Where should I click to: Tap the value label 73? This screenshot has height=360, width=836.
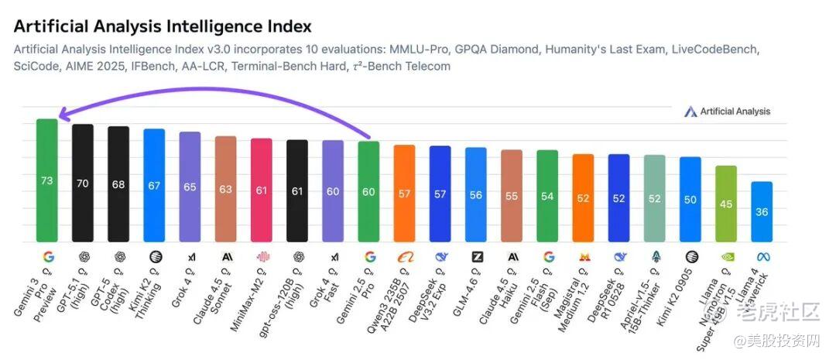(x=46, y=181)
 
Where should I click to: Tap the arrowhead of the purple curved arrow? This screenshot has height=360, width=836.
(x=63, y=117)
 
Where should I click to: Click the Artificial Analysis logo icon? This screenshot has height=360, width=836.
(x=690, y=111)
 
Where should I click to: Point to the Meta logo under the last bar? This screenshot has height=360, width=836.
(x=762, y=256)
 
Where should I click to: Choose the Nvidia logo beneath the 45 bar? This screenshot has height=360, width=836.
(x=726, y=256)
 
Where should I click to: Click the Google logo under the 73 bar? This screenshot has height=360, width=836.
(x=46, y=256)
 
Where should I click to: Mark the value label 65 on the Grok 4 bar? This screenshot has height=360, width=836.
(x=190, y=187)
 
